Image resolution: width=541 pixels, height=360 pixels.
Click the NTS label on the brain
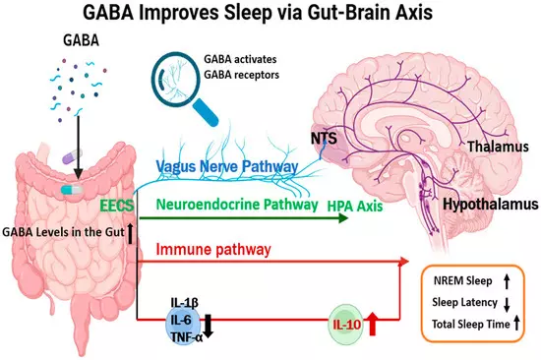(x=324, y=139)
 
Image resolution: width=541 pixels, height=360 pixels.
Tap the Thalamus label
(x=498, y=147)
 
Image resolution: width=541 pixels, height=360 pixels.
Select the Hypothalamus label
(x=490, y=204)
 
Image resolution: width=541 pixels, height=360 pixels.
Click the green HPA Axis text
(x=355, y=206)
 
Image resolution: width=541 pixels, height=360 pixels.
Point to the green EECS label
(x=117, y=206)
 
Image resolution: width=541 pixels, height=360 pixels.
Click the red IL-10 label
(x=347, y=325)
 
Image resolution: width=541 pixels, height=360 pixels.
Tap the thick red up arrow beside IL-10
(x=372, y=324)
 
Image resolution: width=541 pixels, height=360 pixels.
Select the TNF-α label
(x=187, y=337)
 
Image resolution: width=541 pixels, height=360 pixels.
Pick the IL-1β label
(x=185, y=303)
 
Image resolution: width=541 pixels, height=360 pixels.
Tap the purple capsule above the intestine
(x=72, y=156)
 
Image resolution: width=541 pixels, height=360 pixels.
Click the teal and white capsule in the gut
(x=72, y=190)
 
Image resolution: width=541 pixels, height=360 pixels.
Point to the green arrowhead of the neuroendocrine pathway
(x=343, y=218)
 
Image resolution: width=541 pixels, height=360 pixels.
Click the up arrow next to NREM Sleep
(x=507, y=281)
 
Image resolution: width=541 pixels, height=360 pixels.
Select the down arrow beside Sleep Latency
(x=507, y=305)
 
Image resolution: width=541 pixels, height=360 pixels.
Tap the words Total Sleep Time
(x=470, y=325)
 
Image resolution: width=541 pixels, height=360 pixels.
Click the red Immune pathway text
(x=213, y=249)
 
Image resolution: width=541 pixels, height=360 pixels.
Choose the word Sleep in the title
(x=247, y=13)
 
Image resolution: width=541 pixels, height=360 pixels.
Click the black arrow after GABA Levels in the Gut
(x=130, y=234)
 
